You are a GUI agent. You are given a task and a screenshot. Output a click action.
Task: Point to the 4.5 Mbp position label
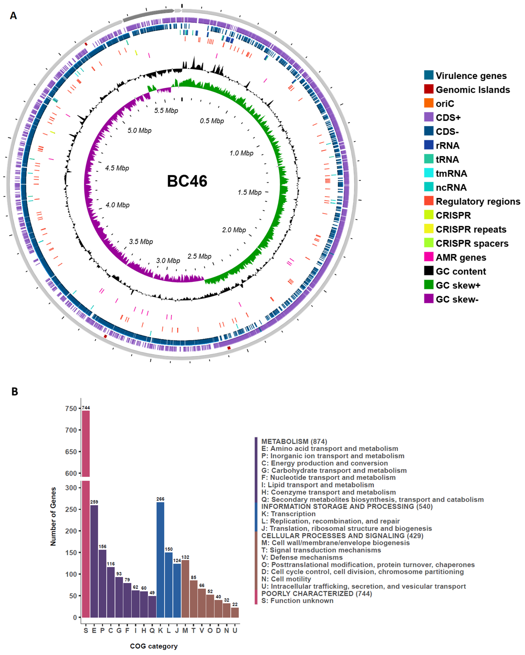coord(117,168)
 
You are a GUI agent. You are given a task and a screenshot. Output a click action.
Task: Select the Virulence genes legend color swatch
coord(429,75)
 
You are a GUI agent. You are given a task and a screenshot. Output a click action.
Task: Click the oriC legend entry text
coord(445,104)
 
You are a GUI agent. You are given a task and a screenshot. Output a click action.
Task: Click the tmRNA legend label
coord(451,174)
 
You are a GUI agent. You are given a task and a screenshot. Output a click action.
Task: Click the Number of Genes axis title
coord(53,517)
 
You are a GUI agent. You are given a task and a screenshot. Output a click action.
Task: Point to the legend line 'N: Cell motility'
coord(286,579)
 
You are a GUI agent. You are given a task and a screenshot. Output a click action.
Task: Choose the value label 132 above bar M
coord(185,557)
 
